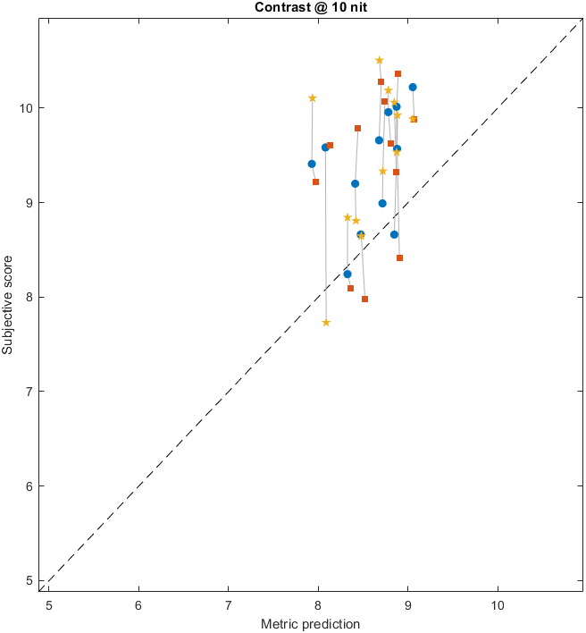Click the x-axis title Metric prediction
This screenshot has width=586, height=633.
(x=310, y=623)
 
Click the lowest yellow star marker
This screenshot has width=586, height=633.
(x=326, y=323)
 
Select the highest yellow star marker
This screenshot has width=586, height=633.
(x=379, y=60)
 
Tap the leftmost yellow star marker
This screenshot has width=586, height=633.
(x=312, y=97)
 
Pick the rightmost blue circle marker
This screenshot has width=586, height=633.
(x=413, y=87)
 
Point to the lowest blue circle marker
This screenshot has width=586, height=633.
(x=347, y=274)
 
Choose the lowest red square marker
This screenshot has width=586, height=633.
(x=364, y=299)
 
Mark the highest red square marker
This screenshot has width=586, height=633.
(x=398, y=73)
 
